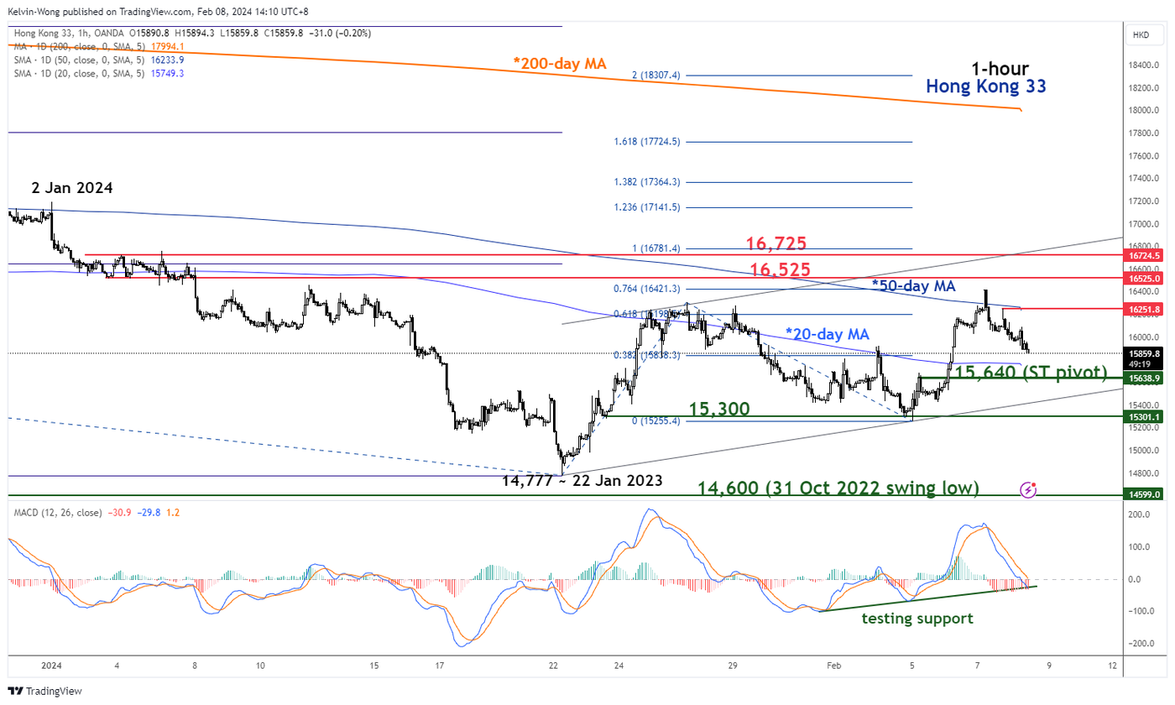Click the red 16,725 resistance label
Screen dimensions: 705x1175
click(776, 244)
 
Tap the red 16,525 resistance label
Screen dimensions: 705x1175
click(780, 269)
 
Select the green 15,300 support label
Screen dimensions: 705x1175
click(719, 409)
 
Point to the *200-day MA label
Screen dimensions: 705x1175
click(561, 63)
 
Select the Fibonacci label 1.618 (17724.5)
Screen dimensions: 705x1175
click(646, 142)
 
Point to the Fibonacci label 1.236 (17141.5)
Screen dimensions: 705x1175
click(646, 206)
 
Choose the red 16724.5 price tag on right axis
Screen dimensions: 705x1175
click(1145, 254)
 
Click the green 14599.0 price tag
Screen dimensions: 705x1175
click(1145, 495)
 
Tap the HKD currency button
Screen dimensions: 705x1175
click(1141, 35)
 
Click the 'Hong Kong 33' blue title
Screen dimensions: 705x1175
click(985, 86)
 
